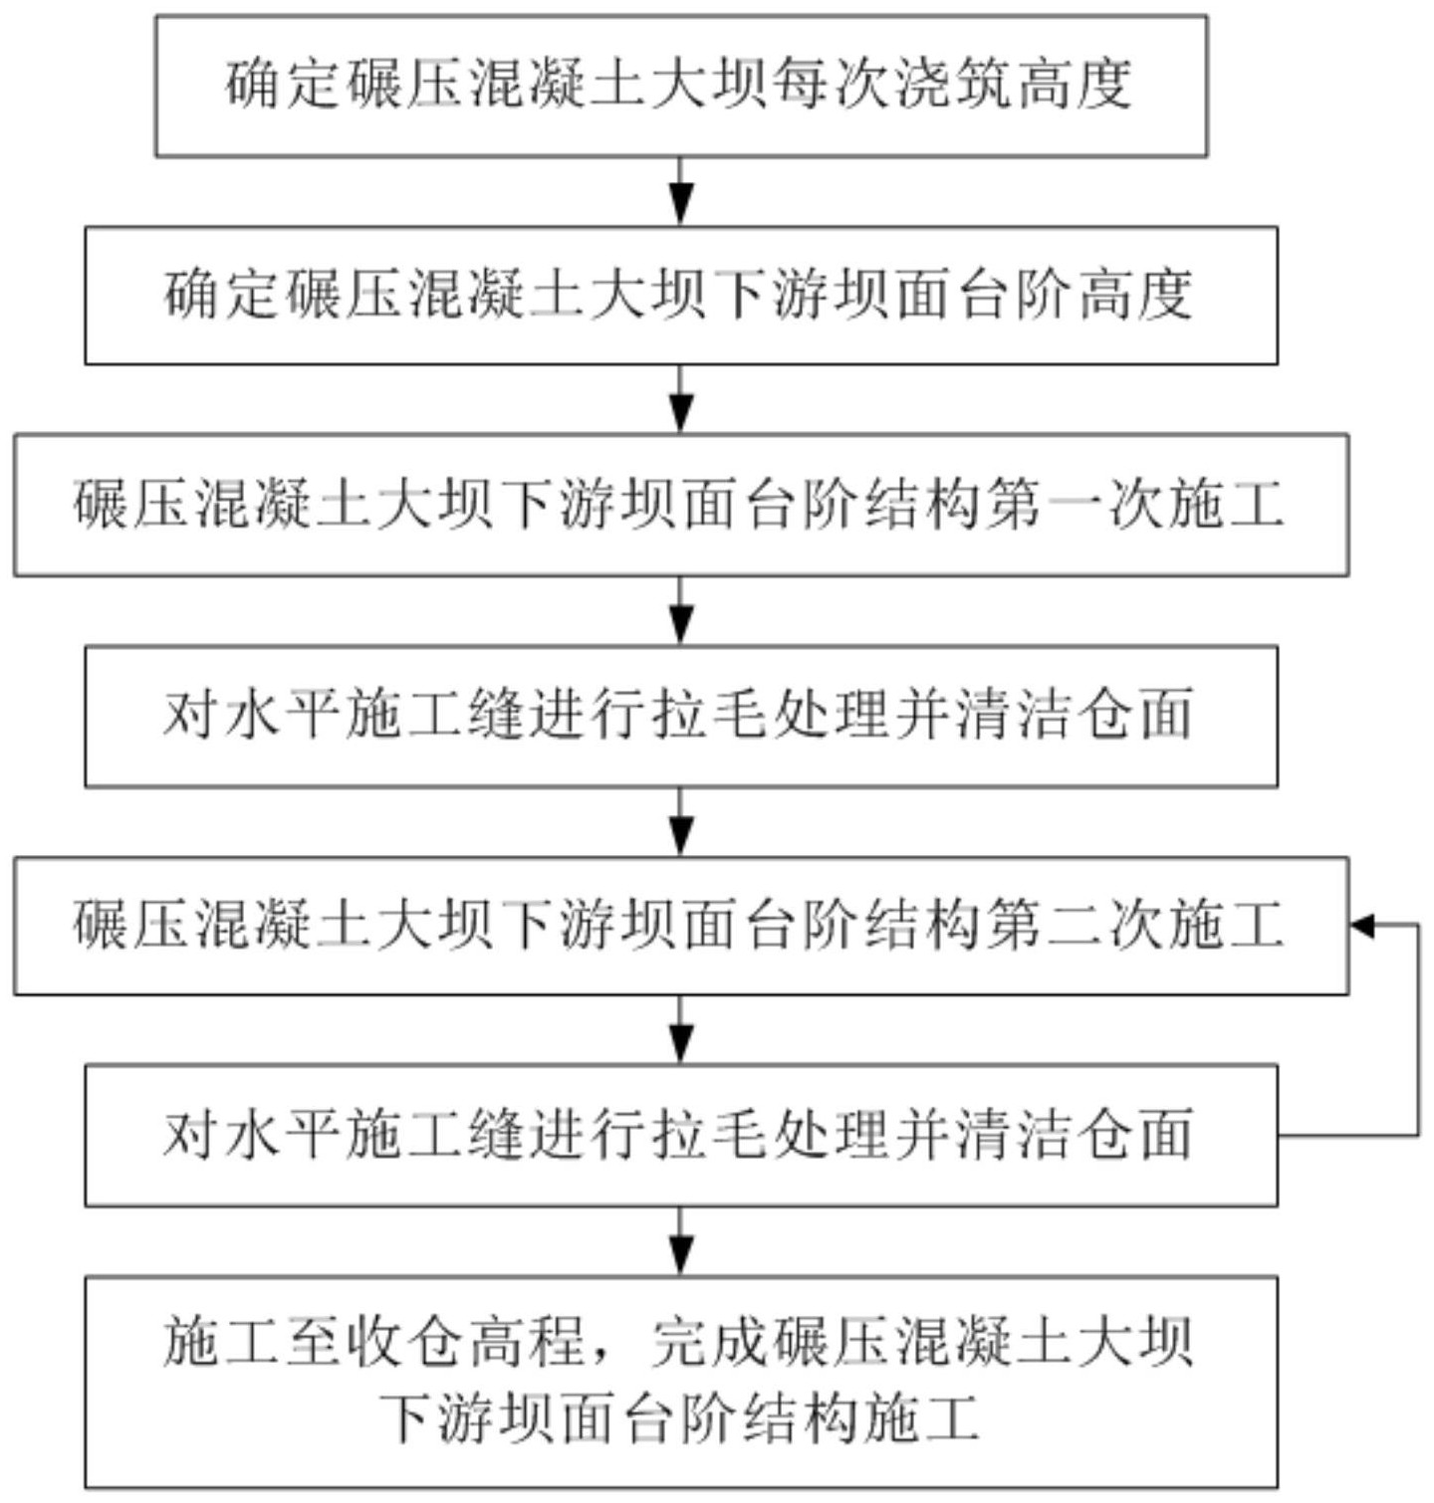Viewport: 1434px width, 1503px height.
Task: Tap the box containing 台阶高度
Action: pyautogui.click(x=680, y=296)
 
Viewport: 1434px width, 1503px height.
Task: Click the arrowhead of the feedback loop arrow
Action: pyautogui.click(x=1361, y=926)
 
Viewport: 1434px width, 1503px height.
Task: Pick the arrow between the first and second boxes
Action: pyautogui.click(x=681, y=192)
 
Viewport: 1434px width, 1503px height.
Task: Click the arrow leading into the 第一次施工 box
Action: pyautogui.click(x=681, y=399)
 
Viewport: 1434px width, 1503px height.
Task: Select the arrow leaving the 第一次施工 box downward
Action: pyautogui.click(x=681, y=611)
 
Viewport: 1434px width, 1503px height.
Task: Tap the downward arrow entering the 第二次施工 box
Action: pyautogui.click(x=681, y=822)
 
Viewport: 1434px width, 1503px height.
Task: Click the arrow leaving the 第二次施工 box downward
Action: pyautogui.click(x=681, y=1030)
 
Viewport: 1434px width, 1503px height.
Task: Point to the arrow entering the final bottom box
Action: pyautogui.click(x=681, y=1241)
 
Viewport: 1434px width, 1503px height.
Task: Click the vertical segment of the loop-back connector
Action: pyautogui.click(x=1418, y=1030)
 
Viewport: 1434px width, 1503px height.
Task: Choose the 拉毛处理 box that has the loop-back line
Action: pyautogui.click(x=680, y=1136)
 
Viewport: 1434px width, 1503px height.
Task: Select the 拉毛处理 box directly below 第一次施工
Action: pyautogui.click(x=680, y=716)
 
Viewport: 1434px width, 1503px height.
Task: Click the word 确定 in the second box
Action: pyautogui.click(x=224, y=296)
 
